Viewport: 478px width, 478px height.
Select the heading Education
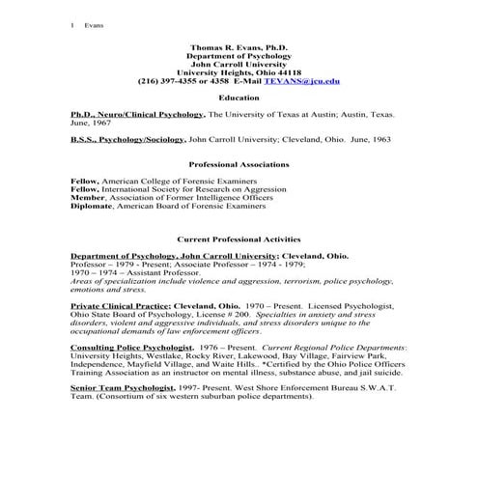click(x=239, y=98)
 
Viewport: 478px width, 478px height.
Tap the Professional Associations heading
click(x=239, y=164)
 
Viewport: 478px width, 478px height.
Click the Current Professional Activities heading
click(x=239, y=238)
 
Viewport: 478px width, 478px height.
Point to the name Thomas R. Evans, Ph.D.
click(x=239, y=46)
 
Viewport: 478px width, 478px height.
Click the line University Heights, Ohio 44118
click(x=239, y=72)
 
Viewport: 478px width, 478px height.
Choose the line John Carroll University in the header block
click(x=239, y=64)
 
